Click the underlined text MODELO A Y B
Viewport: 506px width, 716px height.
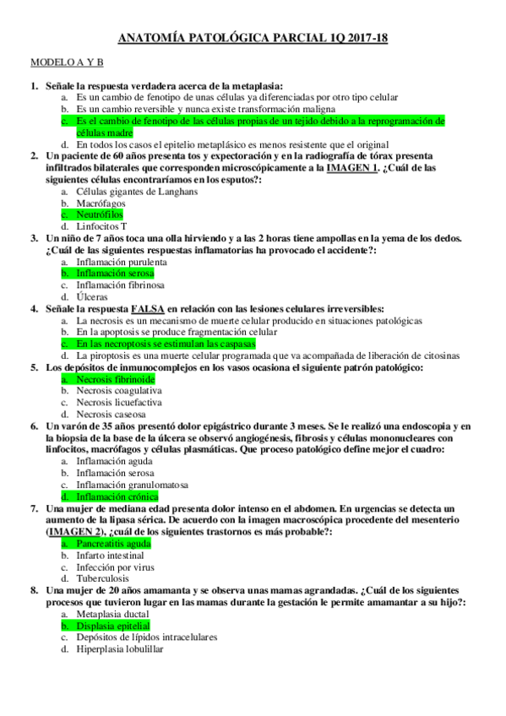pyautogui.click(x=67, y=63)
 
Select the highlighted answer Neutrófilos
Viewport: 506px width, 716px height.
pyautogui.click(x=99, y=214)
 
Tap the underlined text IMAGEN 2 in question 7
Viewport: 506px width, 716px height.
pyautogui.click(x=73, y=532)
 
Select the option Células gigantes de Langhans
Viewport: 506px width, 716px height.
pyautogui.click(x=136, y=191)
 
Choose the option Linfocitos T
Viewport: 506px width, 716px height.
pyautogui.click(x=101, y=226)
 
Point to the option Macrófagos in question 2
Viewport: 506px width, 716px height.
pyautogui.click(x=101, y=203)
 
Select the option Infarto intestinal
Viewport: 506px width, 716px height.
pyautogui.click(x=110, y=556)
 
